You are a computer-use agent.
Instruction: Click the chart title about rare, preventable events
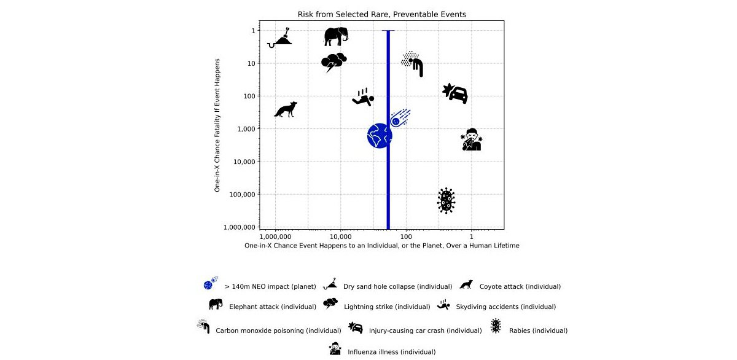tap(381, 14)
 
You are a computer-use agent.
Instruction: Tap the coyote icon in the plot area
tap(286, 109)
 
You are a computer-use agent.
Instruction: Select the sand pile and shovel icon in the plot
tap(281, 38)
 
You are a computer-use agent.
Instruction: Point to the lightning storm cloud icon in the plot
tap(334, 62)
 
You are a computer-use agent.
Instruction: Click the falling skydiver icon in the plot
tap(363, 98)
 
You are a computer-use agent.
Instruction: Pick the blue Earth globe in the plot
tap(380, 136)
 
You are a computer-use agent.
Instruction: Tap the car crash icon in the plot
tap(456, 93)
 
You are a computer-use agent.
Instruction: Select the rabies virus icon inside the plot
tap(446, 200)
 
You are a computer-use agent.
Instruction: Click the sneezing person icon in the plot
tap(471, 140)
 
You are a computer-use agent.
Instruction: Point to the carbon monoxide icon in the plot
tap(413, 63)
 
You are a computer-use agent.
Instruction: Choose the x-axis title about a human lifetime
tap(381, 246)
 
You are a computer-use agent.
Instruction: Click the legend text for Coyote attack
tap(520, 286)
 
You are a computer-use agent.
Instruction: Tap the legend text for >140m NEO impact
tap(270, 286)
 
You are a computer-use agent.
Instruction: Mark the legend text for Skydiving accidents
tap(505, 307)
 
